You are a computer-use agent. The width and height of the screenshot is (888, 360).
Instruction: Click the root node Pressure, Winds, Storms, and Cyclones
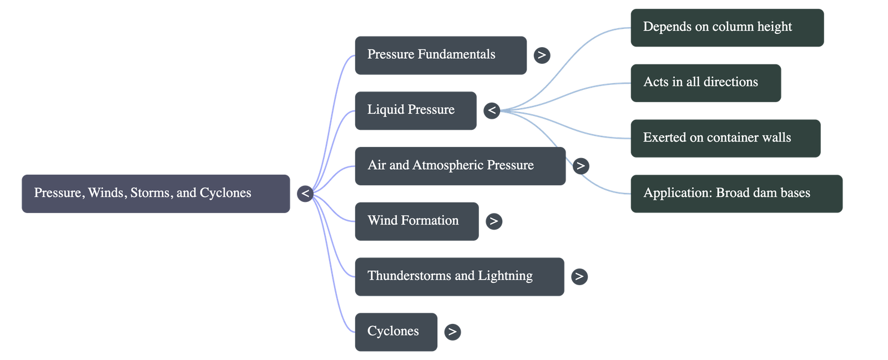pos(155,194)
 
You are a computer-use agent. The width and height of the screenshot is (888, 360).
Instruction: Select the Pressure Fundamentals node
pos(440,55)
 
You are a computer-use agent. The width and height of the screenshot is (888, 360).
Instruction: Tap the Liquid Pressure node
pos(415,110)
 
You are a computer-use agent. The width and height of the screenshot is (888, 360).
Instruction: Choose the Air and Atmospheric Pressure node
pos(460,166)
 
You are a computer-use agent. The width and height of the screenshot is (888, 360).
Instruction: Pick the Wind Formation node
pos(416,221)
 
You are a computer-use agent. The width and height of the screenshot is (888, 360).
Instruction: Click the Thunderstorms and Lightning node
pos(459,276)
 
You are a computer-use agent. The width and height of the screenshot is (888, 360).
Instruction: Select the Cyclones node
pos(396,332)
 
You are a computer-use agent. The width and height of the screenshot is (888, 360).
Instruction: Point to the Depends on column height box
pos(726,27)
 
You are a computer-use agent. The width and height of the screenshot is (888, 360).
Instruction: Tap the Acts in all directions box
pos(705,83)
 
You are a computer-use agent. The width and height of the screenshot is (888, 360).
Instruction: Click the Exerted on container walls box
pos(725,138)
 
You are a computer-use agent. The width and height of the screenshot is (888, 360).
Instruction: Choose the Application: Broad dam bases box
pos(736,194)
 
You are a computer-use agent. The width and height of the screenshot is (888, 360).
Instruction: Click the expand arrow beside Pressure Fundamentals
pos(542,55)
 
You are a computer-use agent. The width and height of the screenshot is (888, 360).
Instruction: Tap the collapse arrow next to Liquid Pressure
pos(492,110)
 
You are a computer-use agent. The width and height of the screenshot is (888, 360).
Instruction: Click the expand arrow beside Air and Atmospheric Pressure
pos(581,165)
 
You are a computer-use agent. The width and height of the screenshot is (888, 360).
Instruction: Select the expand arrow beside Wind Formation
pos(493,221)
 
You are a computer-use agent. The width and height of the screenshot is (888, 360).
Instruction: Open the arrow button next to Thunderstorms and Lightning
pos(579,276)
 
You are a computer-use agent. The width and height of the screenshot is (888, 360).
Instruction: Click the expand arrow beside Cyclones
pos(452,332)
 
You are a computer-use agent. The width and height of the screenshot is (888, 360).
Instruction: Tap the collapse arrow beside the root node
pos(305,194)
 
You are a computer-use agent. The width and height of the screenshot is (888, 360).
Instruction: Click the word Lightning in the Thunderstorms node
pos(505,276)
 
